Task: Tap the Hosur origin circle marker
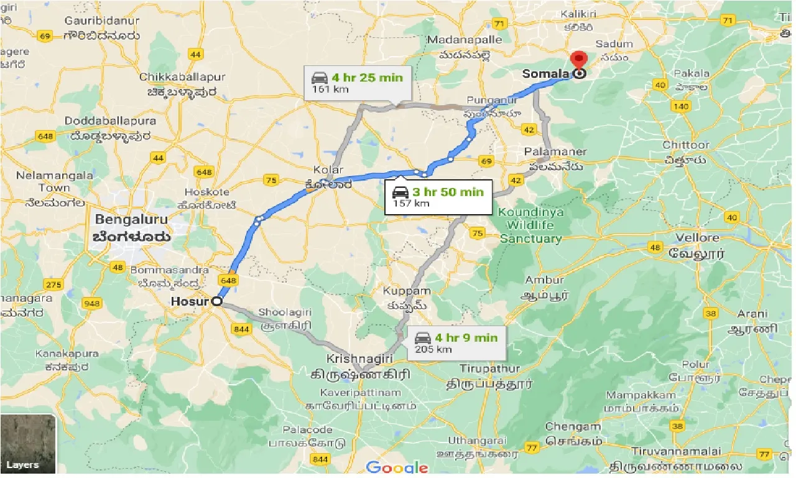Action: [217, 301]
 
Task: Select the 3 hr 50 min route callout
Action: [438, 197]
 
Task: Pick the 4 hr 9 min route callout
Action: [456, 342]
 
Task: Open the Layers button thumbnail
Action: [28, 443]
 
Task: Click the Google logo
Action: [397, 467]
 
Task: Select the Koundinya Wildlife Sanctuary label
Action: [530, 225]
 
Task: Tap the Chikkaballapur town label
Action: [182, 77]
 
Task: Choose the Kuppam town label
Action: [407, 291]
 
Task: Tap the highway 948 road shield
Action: [92, 304]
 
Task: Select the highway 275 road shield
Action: [53, 284]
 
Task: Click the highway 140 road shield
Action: [681, 106]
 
